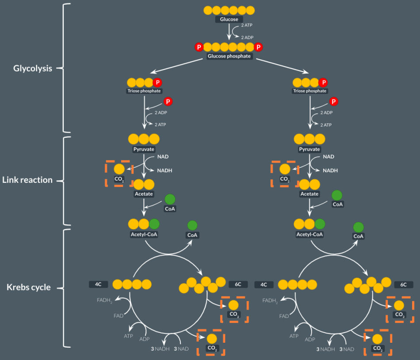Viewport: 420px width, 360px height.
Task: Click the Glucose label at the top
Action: [229, 19]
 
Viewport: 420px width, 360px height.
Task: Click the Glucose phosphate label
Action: [229, 56]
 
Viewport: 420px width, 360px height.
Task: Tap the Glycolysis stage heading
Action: [33, 68]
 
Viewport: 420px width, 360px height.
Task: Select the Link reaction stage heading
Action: [27, 180]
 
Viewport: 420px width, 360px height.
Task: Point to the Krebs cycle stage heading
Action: [29, 288]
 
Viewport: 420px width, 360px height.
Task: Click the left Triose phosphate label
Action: [144, 91]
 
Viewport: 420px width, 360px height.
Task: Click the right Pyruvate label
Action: [309, 149]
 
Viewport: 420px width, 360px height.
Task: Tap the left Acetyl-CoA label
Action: [144, 234]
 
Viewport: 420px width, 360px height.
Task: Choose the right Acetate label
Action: [309, 194]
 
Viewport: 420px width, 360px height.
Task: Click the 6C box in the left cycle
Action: [238, 284]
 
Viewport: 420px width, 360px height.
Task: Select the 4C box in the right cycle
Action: [264, 284]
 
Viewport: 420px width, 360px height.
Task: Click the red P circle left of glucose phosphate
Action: [199, 47]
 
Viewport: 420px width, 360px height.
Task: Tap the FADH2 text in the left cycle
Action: [105, 301]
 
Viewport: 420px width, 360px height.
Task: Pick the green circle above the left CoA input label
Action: [170, 198]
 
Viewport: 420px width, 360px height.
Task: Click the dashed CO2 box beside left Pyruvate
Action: [119, 173]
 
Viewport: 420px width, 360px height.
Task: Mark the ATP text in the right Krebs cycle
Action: [294, 336]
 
